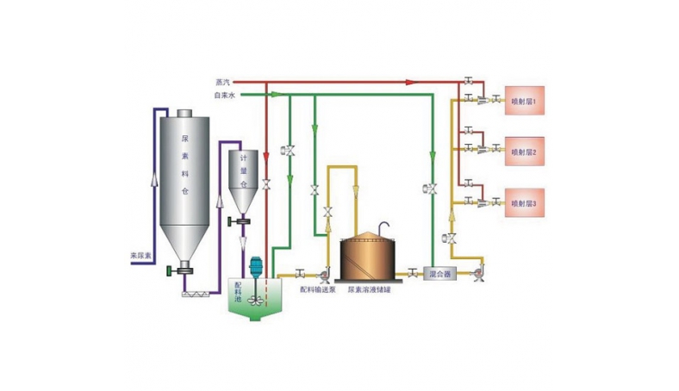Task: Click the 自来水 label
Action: click(224, 94)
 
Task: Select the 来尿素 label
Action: click(140, 255)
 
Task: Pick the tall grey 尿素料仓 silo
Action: click(184, 181)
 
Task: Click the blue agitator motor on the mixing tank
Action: click(255, 268)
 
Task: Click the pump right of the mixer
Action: click(477, 274)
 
